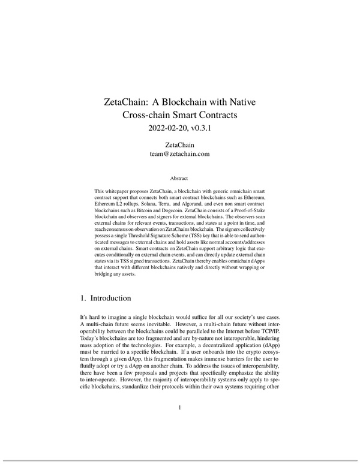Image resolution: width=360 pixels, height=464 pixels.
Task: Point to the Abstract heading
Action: point(179,178)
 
